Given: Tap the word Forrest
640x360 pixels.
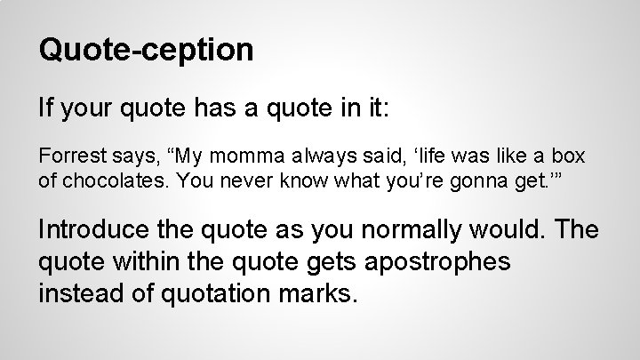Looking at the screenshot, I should click(x=67, y=156).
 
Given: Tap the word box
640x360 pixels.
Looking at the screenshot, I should click(x=570, y=156).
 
